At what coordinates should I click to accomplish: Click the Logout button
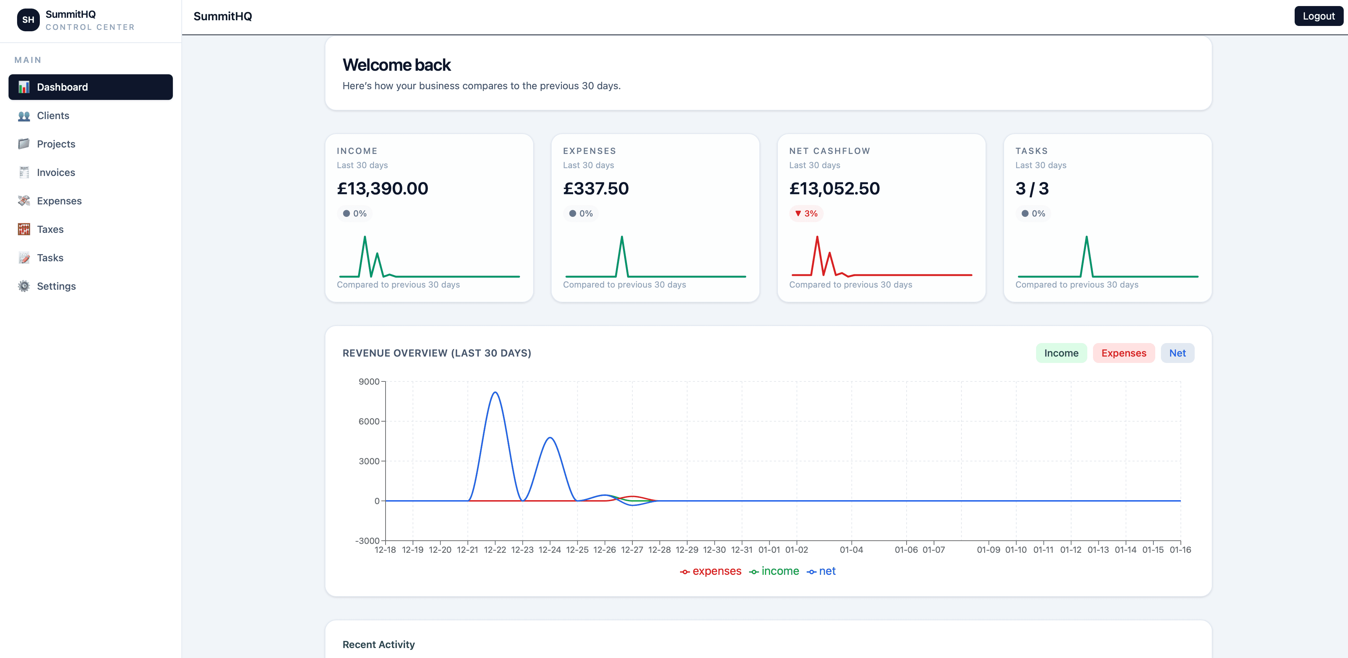pos(1318,16)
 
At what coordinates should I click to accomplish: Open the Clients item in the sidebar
pos(53,116)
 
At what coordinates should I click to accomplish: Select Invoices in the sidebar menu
pos(55,173)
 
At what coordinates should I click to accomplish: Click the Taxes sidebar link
pos(50,229)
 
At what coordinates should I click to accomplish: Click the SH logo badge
pos(28,20)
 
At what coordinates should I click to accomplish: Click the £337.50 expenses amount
pos(595,188)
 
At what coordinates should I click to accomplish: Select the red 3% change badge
pos(806,213)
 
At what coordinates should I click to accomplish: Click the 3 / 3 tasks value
pos(1031,188)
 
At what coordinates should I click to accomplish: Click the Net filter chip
pos(1177,353)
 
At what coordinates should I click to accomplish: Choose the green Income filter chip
pos(1061,353)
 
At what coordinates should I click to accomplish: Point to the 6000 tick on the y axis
pos(368,421)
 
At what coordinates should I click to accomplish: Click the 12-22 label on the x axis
pos(494,550)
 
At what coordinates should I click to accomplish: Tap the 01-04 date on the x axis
pos(851,550)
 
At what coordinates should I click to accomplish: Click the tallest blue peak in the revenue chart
pos(494,392)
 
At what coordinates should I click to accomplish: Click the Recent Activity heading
pos(378,644)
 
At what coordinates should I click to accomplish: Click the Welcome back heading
pos(396,65)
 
